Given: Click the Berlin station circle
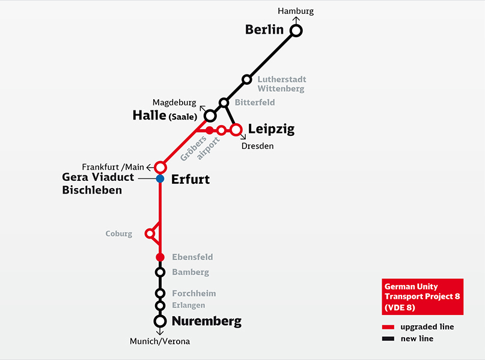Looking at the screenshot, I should (x=296, y=31).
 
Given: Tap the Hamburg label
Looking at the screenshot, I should (x=296, y=11).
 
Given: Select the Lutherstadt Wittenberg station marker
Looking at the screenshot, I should (x=246, y=79).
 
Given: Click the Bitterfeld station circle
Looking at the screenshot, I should (x=224, y=103).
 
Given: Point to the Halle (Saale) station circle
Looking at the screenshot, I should (x=210, y=115).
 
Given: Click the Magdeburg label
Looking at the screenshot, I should (x=174, y=102).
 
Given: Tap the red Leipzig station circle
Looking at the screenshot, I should (x=236, y=129).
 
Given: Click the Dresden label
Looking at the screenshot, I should (x=257, y=146).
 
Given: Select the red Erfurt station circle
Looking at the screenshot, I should (x=160, y=166).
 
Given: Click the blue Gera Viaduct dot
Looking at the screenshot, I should (x=160, y=178).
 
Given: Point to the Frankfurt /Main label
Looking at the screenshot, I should (x=114, y=166).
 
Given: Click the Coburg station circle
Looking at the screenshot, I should (x=149, y=233).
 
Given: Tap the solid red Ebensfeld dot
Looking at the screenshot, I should (x=160, y=257).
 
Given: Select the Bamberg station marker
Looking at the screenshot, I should (x=160, y=272).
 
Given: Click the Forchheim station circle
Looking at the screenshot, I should (x=160, y=293).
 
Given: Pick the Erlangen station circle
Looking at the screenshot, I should (x=160, y=305).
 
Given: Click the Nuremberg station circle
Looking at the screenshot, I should (x=160, y=321).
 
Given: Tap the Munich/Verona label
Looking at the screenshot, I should (x=159, y=341).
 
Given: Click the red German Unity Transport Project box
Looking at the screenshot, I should (x=422, y=296).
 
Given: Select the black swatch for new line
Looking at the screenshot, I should (x=388, y=339).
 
